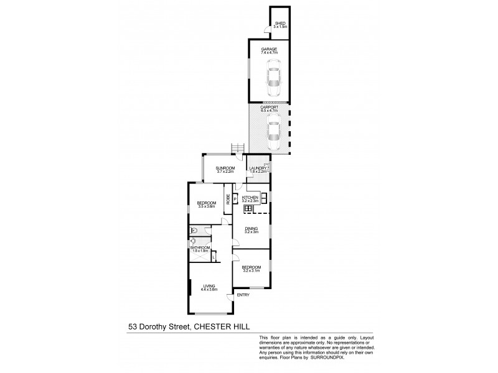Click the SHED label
(280, 24)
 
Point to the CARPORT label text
(269, 107)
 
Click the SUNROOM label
(225, 168)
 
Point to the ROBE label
(228, 200)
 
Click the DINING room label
(251, 229)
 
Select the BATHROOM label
(199, 247)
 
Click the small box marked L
(213, 256)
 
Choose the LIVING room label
(208, 285)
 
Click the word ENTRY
(243, 295)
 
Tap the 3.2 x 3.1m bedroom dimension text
(251, 270)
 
